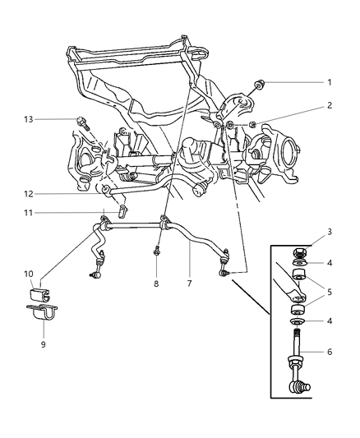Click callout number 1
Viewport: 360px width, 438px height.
coord(330,82)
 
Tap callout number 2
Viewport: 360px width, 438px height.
coord(330,105)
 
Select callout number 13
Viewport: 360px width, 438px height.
coord(29,119)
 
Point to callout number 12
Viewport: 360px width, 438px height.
coord(29,194)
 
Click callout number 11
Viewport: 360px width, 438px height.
coord(29,213)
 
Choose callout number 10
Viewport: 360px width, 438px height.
coord(29,274)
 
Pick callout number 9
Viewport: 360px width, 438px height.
coord(43,345)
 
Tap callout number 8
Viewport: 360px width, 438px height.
coord(156,284)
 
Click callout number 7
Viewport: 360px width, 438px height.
coord(190,284)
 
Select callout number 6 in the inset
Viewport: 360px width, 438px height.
coord(330,353)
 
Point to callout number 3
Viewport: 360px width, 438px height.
coord(330,232)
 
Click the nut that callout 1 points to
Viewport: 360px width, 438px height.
coord(260,85)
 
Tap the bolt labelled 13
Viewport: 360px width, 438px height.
coord(82,123)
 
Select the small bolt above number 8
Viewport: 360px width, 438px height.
coord(156,251)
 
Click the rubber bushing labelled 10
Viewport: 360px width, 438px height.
coord(39,295)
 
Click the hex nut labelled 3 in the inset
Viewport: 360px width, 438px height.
coord(298,254)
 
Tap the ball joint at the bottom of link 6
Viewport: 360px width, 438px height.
coord(299,388)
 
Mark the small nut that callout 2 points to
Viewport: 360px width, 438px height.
coord(252,125)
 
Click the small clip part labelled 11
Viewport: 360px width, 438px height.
coord(123,211)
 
